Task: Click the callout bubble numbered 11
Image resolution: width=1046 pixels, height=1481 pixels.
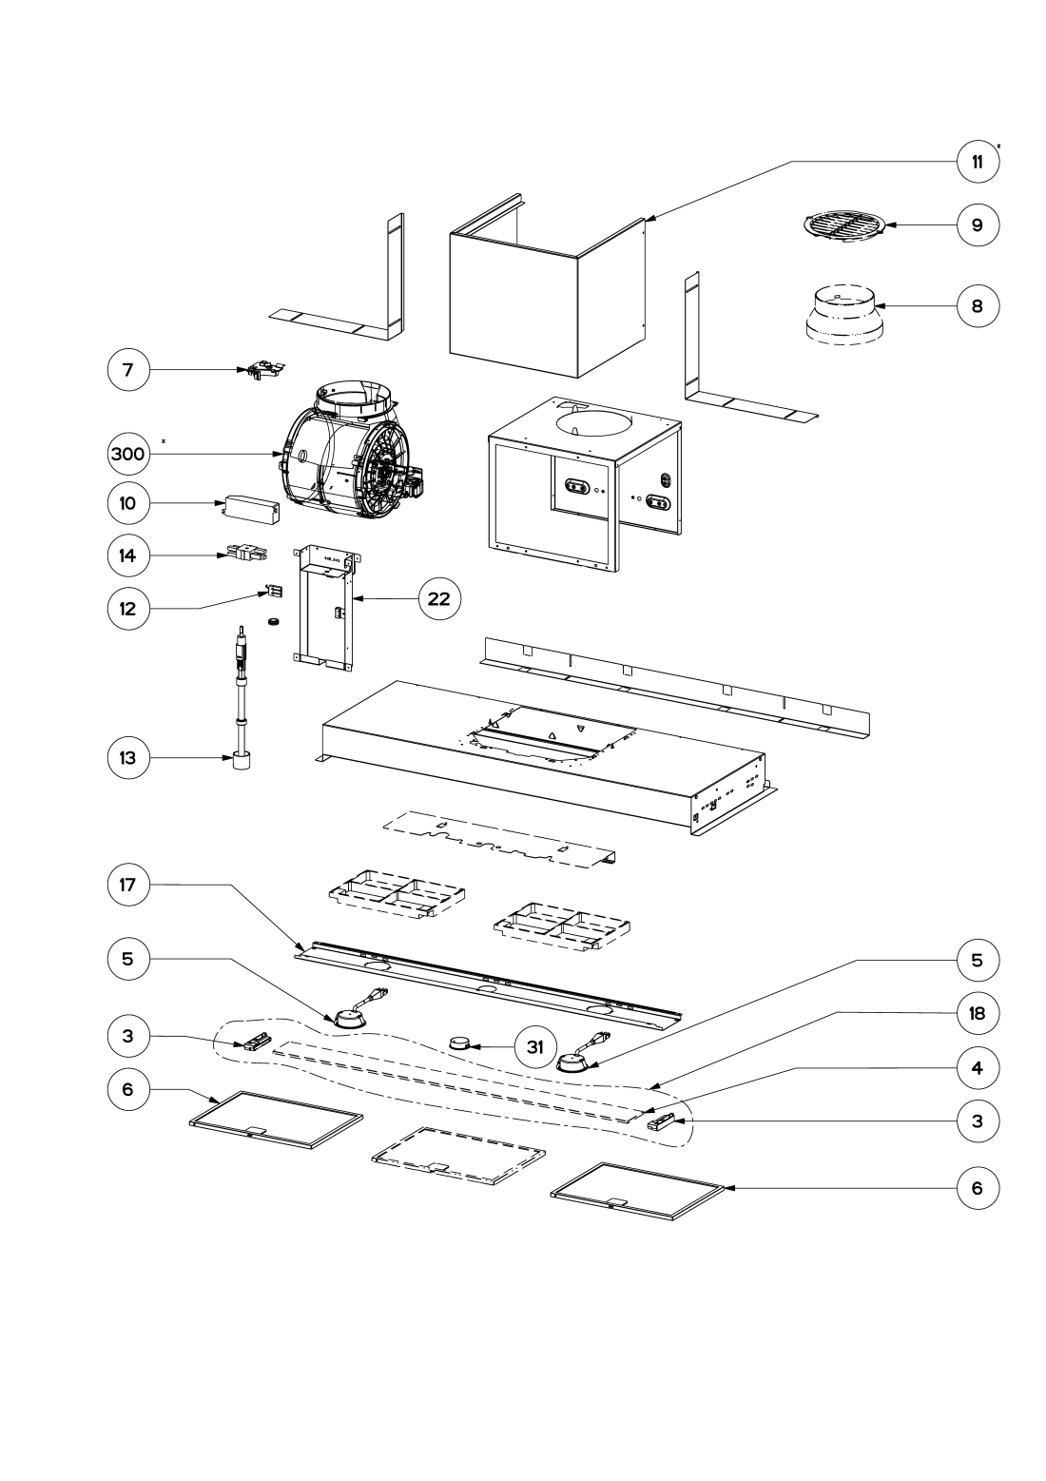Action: [978, 161]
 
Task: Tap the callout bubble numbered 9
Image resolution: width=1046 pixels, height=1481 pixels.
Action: [978, 225]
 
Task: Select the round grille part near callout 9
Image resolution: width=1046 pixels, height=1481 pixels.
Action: [845, 227]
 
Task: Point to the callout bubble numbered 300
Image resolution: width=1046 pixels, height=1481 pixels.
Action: [127, 455]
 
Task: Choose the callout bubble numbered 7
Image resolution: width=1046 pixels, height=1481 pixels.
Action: [127, 370]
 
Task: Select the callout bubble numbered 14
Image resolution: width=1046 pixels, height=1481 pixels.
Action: [127, 555]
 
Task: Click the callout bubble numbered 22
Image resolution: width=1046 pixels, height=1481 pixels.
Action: [439, 599]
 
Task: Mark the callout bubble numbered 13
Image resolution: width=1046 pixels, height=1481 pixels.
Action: [127, 758]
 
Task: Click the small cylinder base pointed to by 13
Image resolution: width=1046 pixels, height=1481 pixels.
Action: [241, 761]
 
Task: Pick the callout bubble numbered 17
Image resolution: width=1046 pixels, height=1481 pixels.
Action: [127, 885]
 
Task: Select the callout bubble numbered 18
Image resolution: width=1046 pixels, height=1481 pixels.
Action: [978, 1013]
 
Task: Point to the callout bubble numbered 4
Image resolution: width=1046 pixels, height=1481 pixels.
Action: [978, 1068]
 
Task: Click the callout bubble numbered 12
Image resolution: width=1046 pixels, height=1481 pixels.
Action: [127, 608]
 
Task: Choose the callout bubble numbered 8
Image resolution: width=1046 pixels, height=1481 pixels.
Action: [978, 306]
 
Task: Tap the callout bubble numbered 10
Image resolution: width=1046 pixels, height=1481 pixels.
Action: [127, 504]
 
